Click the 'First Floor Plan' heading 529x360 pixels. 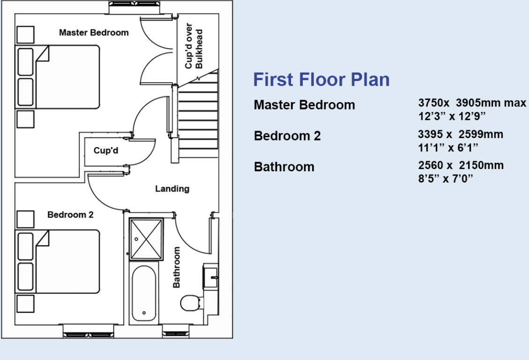click(x=321, y=80)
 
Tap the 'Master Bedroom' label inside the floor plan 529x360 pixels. click(x=94, y=33)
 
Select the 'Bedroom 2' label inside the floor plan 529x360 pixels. click(x=70, y=215)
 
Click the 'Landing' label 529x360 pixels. click(x=172, y=189)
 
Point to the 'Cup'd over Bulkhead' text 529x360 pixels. click(x=193, y=46)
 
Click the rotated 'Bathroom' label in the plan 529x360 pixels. click(x=177, y=267)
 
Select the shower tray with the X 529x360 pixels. click(x=147, y=239)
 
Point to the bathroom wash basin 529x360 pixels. click(x=210, y=276)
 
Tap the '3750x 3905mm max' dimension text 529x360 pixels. click(x=472, y=103)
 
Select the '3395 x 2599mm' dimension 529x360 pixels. click(x=460, y=135)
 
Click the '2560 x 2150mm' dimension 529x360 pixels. click(x=461, y=165)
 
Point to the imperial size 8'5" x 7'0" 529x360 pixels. click(x=446, y=178)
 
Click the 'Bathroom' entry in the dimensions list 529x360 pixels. click(x=284, y=167)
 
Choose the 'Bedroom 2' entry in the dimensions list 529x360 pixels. click(x=287, y=136)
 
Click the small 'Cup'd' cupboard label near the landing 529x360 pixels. click(x=105, y=151)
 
